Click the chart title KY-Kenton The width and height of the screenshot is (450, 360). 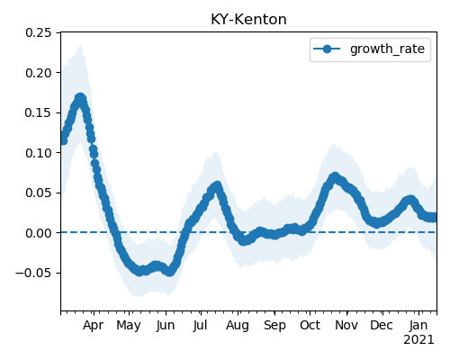point(248,20)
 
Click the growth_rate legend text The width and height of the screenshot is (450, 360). point(387,49)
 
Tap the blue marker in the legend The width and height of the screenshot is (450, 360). point(327,49)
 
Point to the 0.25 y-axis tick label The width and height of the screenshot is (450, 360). point(38,32)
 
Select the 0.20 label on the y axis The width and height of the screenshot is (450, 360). point(38,73)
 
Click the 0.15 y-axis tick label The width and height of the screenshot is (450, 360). point(38,112)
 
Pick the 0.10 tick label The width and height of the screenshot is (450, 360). point(38,153)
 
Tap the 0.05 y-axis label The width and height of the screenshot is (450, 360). point(38,193)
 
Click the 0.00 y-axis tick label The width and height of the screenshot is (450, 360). point(38,233)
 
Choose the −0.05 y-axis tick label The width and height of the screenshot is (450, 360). point(33,273)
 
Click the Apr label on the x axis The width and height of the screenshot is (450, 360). point(93,326)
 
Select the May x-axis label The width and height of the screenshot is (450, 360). point(129,326)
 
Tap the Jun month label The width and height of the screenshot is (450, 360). point(166,326)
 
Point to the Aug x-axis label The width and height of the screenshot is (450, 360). point(238,326)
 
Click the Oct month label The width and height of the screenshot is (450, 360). point(310,326)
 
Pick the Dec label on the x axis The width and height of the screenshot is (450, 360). point(382,326)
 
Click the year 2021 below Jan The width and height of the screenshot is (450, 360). point(418,340)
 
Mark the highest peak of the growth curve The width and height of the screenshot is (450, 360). point(80,98)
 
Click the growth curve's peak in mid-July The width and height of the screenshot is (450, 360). point(217,185)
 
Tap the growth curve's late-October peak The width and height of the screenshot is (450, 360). point(335,176)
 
